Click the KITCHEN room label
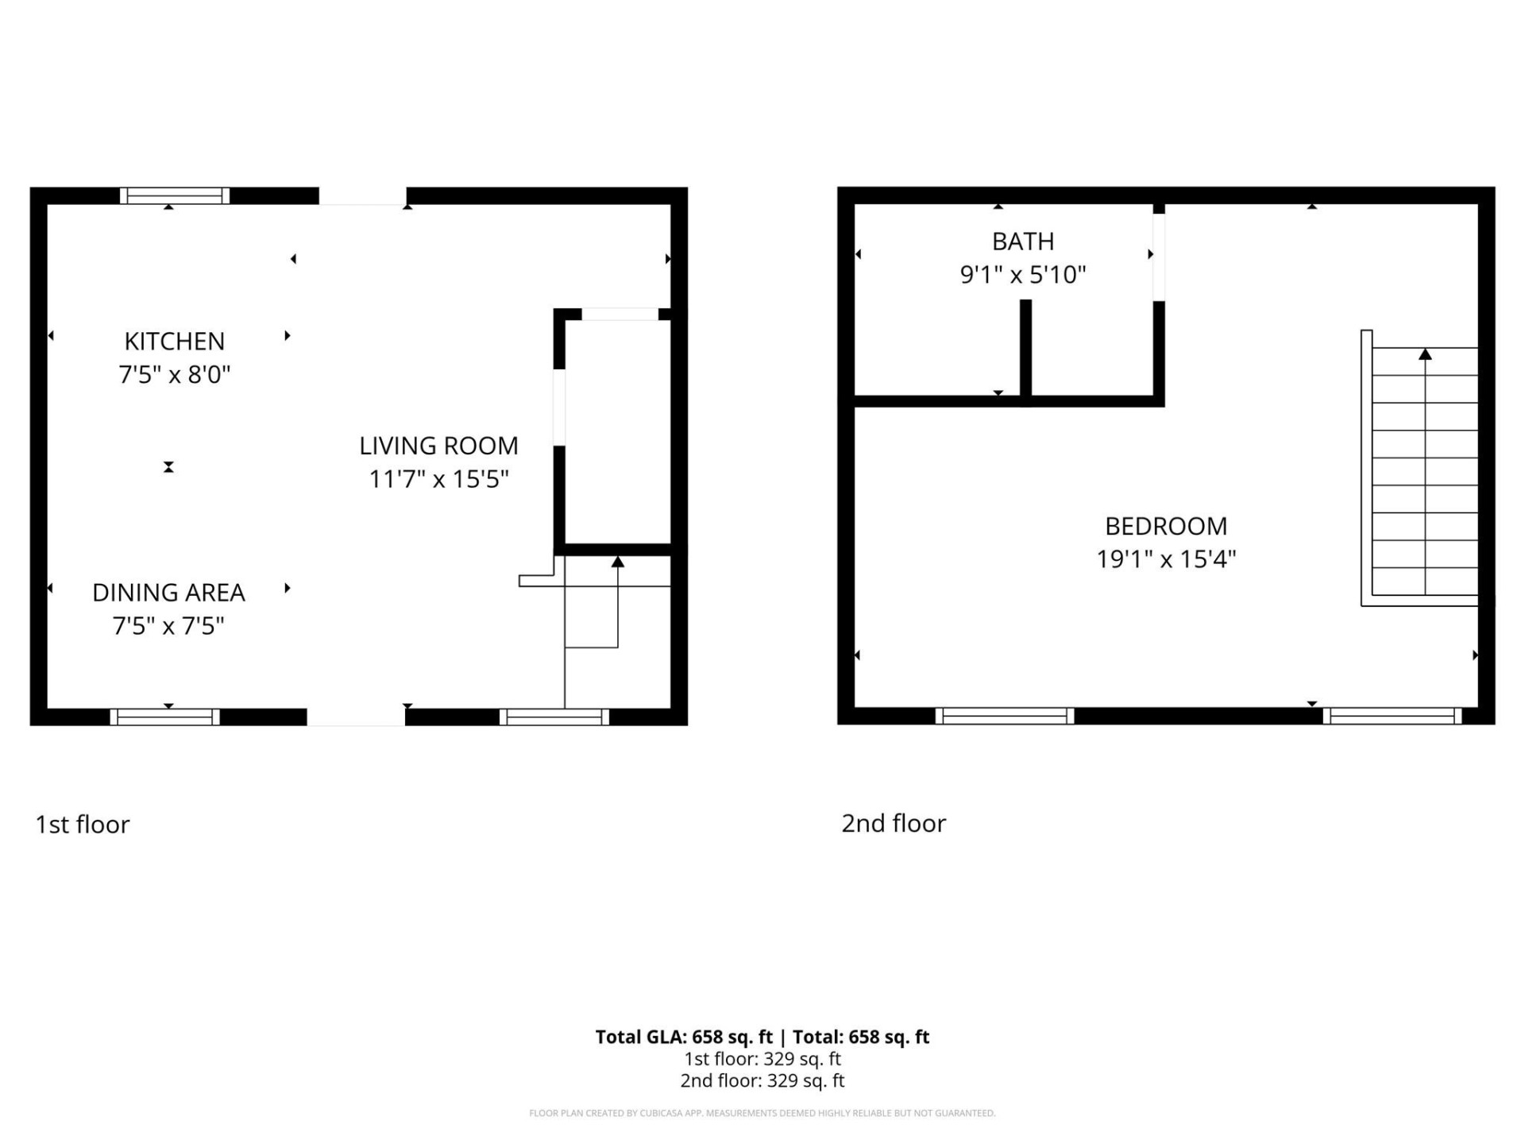pos(174,341)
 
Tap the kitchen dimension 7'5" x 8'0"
pos(174,374)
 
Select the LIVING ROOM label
pos(438,446)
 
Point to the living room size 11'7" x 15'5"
pos(438,479)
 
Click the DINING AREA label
pos(168,593)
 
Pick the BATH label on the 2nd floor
pos(1023,241)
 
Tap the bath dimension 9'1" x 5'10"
pos(1023,275)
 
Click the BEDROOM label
pos(1166,526)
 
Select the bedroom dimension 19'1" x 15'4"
pos(1166,559)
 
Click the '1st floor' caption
pos(82,825)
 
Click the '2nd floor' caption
pos(894,824)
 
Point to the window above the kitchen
pos(175,195)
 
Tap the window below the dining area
pos(164,717)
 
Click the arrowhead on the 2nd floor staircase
pos(1425,354)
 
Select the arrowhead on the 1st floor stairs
pos(618,562)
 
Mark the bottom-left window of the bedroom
pos(1005,716)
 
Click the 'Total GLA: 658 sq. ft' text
pos(684,1037)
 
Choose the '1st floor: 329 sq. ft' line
pos(762,1059)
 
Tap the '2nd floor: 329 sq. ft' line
pos(762,1080)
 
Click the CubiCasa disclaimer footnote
pos(762,1113)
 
